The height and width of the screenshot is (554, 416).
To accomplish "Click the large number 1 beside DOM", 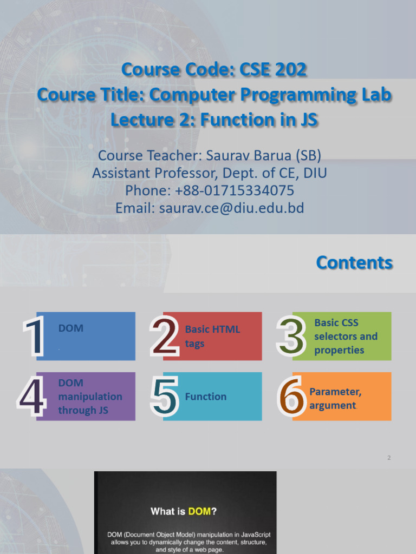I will (34, 337).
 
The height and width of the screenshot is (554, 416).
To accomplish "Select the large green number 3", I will (291, 337).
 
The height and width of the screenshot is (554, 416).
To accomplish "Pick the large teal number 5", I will (164, 398).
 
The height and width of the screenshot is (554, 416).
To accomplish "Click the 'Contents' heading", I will (354, 262).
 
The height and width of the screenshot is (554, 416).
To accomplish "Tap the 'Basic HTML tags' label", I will (212, 336).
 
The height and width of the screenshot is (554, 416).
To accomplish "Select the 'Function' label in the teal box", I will (206, 397).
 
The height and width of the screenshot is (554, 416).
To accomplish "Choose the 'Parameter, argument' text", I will (335, 398).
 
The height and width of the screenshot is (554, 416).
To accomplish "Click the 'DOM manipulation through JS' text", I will (90, 397).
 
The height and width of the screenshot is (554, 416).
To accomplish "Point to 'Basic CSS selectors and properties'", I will (346, 336).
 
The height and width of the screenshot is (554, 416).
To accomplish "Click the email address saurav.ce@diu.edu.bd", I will (232, 208).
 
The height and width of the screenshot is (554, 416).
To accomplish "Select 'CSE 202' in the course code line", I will (269, 69).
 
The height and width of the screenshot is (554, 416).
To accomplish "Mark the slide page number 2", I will (389, 458).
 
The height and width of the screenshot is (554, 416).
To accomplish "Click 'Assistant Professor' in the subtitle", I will (142, 173).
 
